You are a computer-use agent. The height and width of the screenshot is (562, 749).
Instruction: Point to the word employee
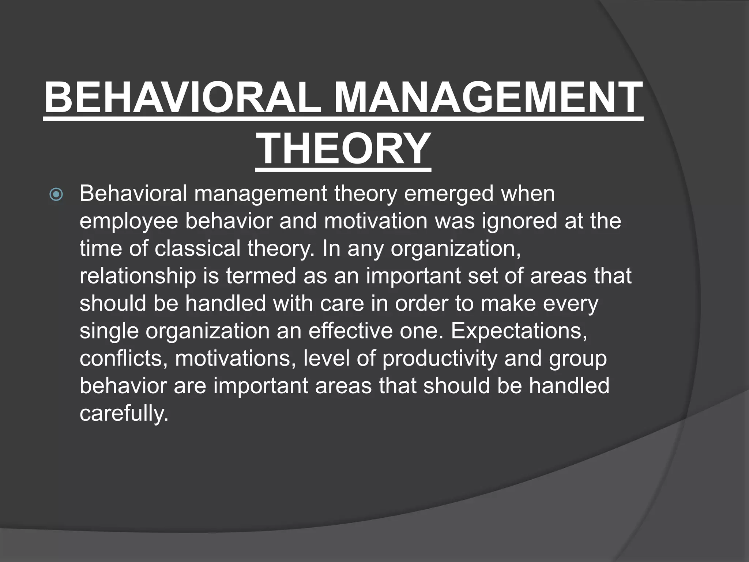tap(128, 222)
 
